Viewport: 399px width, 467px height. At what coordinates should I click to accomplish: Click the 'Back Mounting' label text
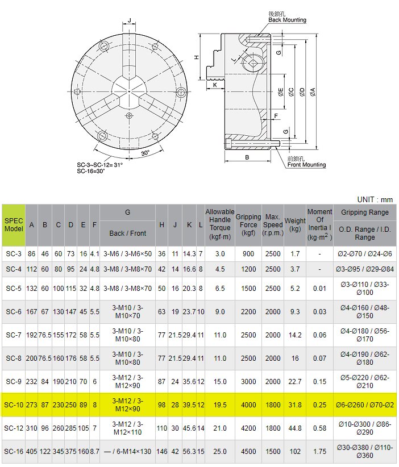tap(287, 20)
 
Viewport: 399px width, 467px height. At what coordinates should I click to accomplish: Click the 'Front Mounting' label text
tap(306, 165)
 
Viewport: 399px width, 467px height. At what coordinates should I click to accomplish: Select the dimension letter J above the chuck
tap(130, 21)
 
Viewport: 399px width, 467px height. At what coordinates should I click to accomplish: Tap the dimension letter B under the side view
tap(247, 157)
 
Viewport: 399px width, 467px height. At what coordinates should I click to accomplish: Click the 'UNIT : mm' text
tap(375, 199)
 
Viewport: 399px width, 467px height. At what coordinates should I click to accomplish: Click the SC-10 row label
tap(14, 405)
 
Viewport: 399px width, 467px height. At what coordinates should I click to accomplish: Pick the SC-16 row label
tap(14, 451)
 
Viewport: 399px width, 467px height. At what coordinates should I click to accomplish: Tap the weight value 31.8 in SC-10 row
tap(295, 405)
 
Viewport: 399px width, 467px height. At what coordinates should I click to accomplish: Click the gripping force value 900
tap(248, 253)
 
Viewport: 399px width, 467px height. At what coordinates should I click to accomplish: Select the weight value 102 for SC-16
tap(295, 451)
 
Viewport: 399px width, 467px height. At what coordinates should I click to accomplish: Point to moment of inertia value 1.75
tap(319, 451)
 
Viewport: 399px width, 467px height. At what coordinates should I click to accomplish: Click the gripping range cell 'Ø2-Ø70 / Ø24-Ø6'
tap(365, 253)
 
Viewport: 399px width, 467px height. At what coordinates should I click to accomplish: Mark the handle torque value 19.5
tap(220, 405)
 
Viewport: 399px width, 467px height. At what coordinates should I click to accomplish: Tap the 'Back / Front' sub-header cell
tap(128, 233)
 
